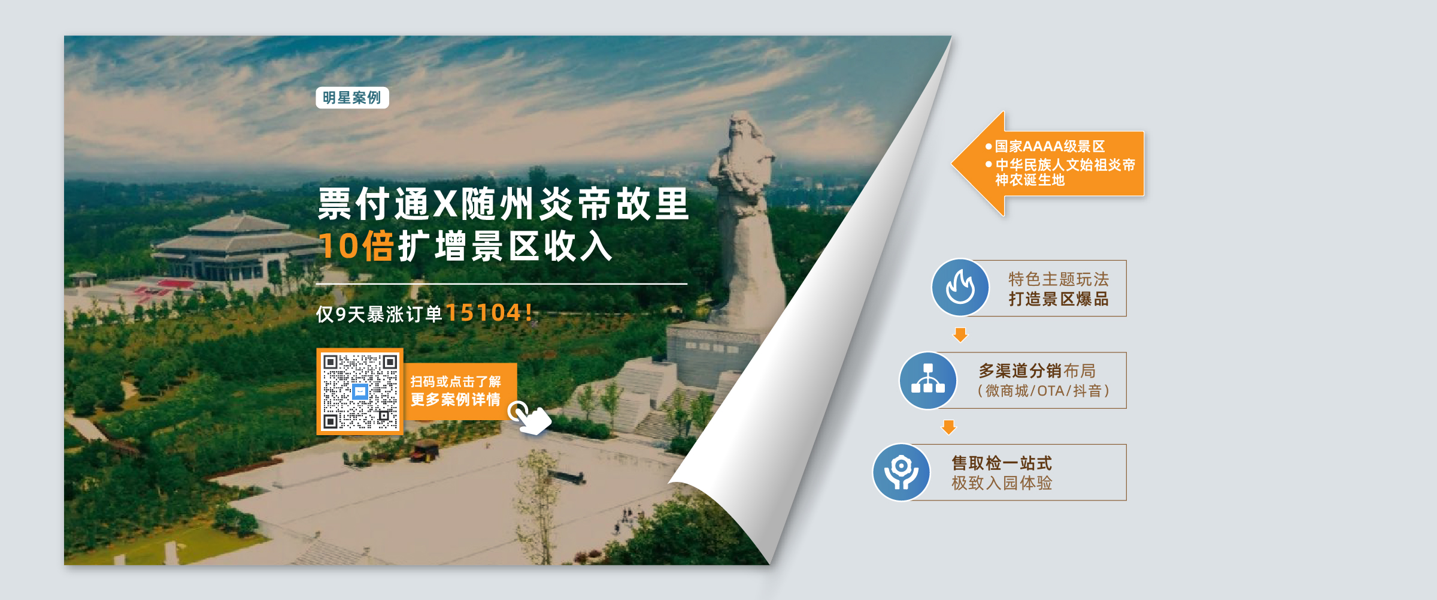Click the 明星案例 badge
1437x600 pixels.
(352, 98)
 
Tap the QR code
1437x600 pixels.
(360, 391)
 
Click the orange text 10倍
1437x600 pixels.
(356, 246)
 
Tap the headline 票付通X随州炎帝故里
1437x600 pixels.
(504, 204)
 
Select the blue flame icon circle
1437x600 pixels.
(960, 288)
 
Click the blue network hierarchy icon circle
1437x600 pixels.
(928, 380)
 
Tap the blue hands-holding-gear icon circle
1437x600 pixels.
(901, 472)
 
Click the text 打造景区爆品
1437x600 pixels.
(1059, 299)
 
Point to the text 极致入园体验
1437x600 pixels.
(1002, 483)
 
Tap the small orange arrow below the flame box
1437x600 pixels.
(960, 334)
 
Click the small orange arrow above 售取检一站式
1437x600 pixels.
(949, 427)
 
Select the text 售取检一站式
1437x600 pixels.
(1002, 463)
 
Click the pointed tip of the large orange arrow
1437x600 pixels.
(952, 163)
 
